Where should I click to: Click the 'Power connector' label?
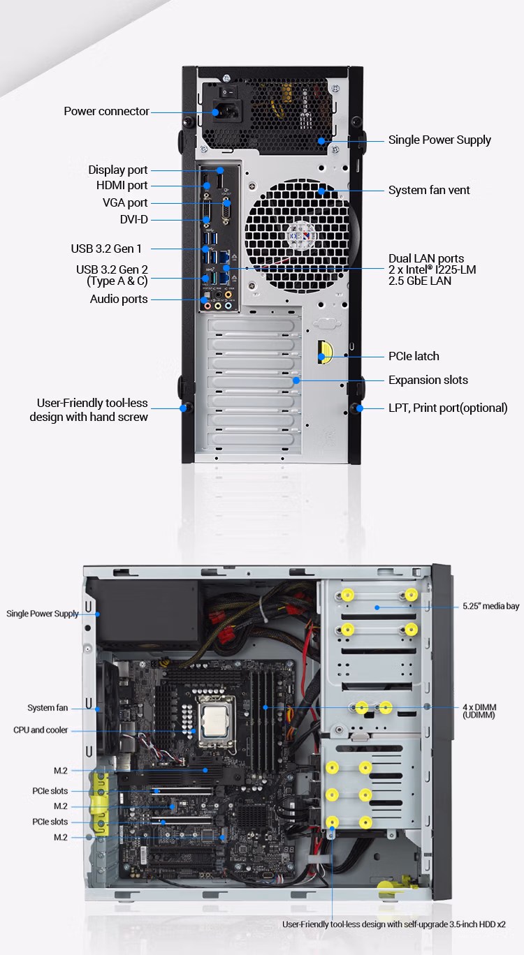tap(106, 111)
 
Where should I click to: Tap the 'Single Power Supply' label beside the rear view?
tap(439, 140)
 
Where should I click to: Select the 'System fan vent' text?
tap(429, 190)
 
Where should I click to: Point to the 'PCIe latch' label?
tap(414, 357)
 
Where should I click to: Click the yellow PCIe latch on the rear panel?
tap(325, 352)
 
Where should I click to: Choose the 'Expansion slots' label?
tap(428, 380)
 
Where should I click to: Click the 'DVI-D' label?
tap(133, 220)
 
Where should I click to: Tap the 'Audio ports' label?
tap(119, 299)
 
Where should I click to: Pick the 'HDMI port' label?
tap(122, 186)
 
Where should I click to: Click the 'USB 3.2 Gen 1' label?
tap(105, 249)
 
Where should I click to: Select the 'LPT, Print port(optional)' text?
tap(448, 408)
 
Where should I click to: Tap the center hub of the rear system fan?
tap(301, 236)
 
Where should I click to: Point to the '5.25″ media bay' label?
tap(490, 606)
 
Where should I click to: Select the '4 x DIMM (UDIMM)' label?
tap(479, 711)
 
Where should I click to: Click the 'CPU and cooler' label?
tap(41, 730)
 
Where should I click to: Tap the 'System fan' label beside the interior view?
tap(48, 708)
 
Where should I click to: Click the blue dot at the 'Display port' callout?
tap(220, 170)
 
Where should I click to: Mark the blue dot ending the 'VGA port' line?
tap(227, 203)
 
